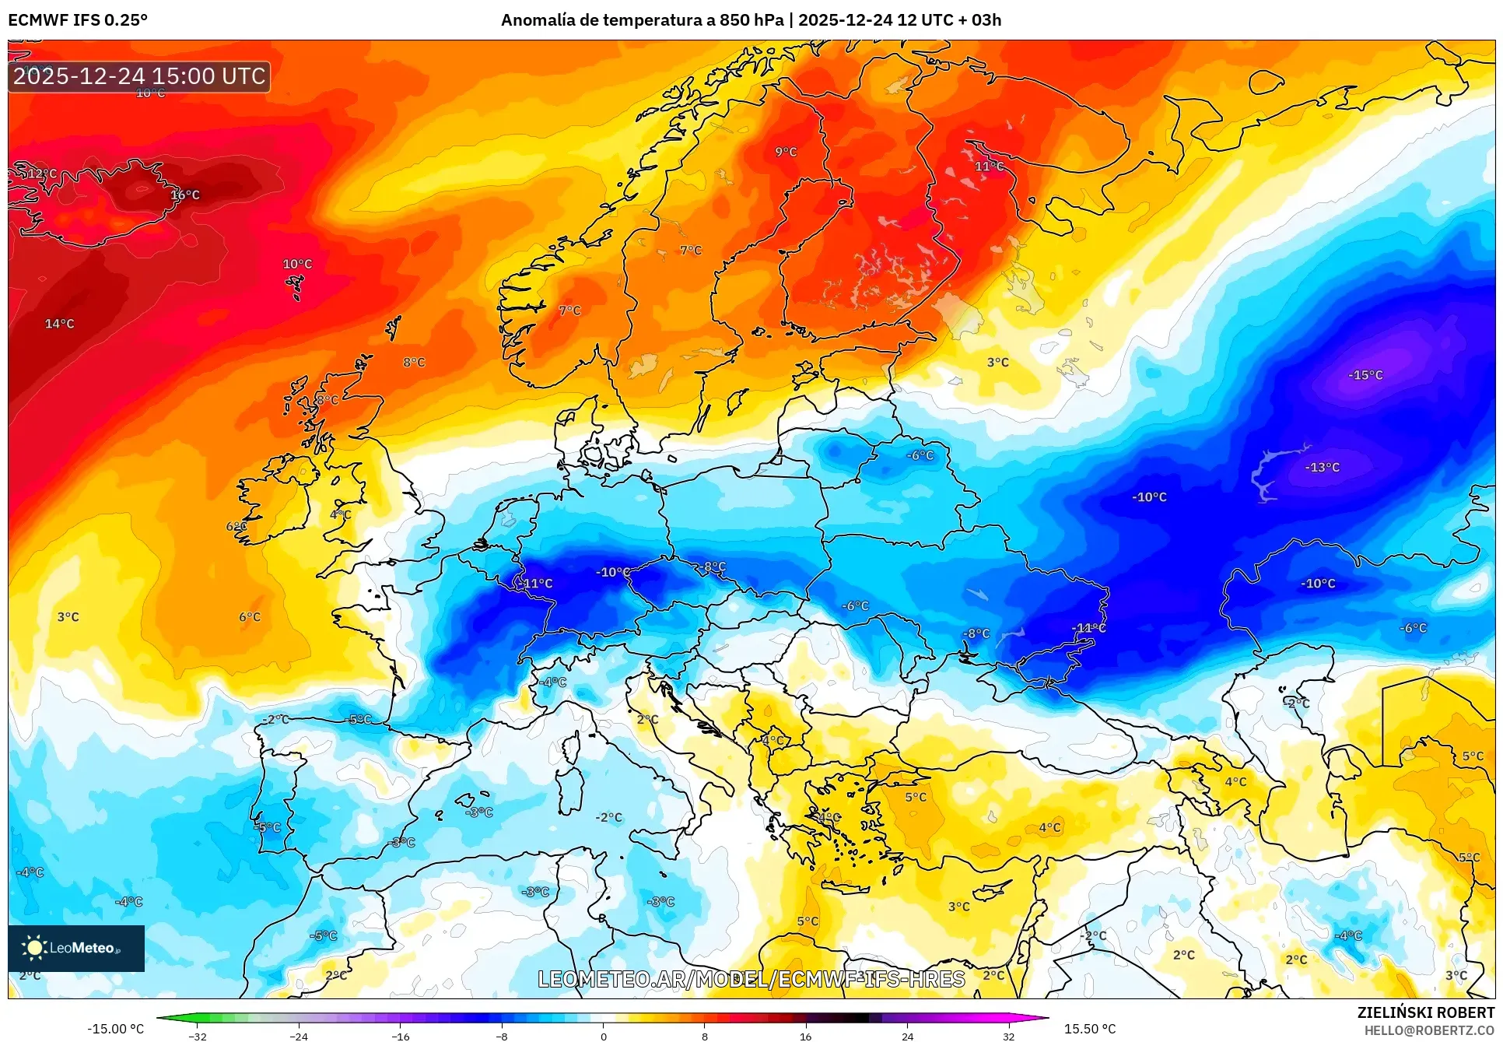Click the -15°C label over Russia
pos(1365,375)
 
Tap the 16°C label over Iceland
pos(185,195)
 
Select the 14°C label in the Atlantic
pos(59,324)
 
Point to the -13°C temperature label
pos(1322,467)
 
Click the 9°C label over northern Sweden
pos(786,152)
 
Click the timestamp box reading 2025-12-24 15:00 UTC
pos(139,76)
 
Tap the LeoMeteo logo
pos(75,948)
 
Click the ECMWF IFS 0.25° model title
pos(78,20)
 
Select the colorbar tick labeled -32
pos(198,1036)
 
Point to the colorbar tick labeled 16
pos(805,1036)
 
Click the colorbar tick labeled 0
pos(603,1036)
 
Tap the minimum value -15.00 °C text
pos(115,1029)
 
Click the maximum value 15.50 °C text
pos(1089,1029)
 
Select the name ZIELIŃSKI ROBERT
pos(1425,1012)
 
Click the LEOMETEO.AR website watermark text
pos(751,979)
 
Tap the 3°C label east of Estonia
pos(997,363)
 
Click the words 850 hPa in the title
pos(751,20)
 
